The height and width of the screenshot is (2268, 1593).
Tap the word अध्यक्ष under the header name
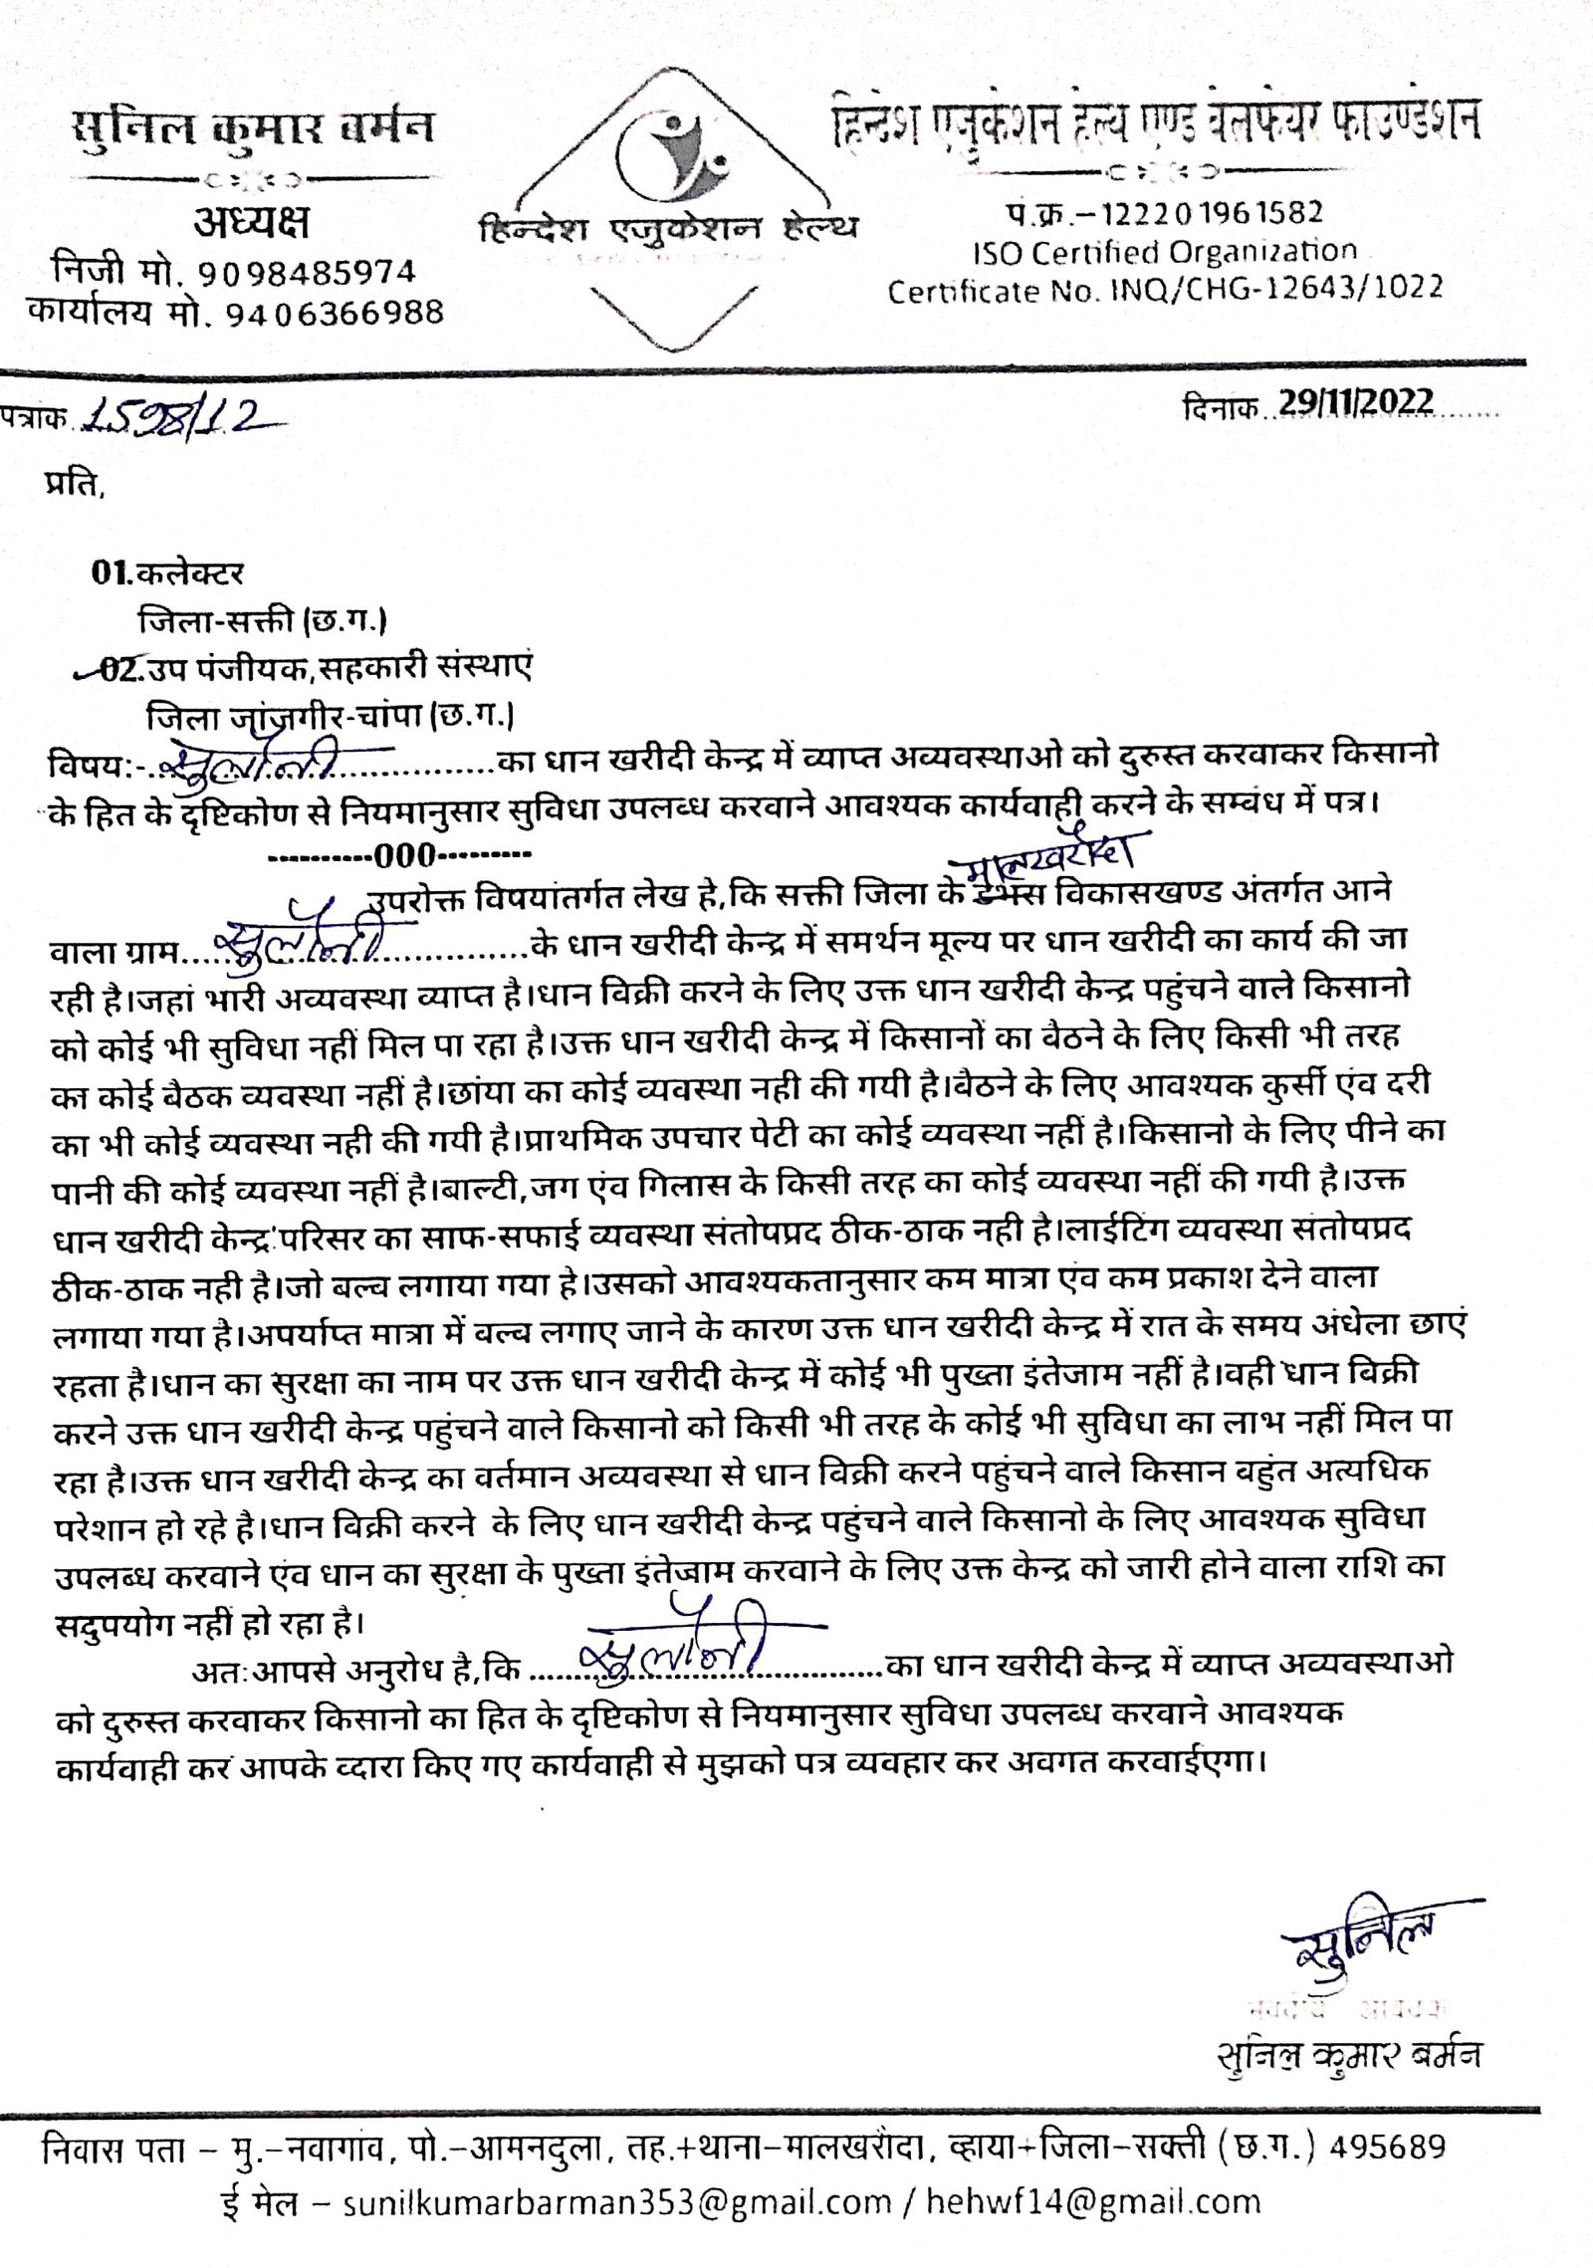(x=251, y=222)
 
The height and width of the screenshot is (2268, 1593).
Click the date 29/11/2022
(x=1356, y=402)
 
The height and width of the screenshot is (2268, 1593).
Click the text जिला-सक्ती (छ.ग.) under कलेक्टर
(x=262, y=621)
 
